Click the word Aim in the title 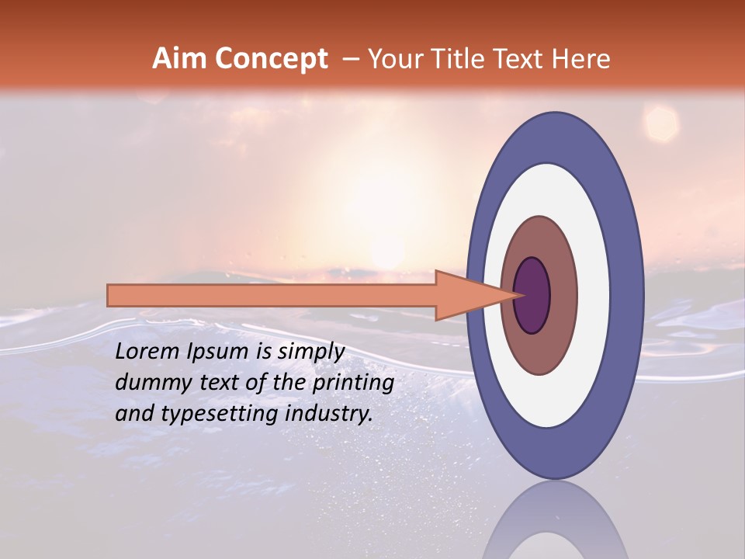[x=180, y=59]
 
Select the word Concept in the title [x=271, y=59]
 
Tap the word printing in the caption [x=352, y=383]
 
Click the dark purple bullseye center [x=532, y=296]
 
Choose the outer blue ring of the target [x=629, y=296]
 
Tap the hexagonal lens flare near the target [x=662, y=123]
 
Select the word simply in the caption [x=310, y=352]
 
